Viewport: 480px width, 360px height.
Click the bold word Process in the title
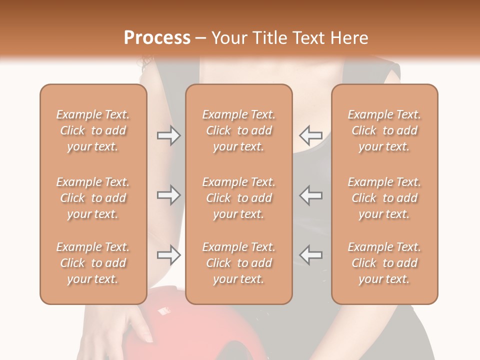pos(157,38)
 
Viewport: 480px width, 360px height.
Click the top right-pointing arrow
pos(168,135)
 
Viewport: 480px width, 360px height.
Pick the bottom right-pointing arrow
pos(168,255)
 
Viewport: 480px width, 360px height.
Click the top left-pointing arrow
pos(311,135)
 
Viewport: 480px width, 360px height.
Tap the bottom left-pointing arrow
pos(311,255)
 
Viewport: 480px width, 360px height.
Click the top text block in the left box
pos(93,130)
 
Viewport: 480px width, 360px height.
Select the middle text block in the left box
pos(93,198)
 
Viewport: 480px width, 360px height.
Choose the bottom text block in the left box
pos(93,263)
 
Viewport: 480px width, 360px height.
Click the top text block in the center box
pos(239,130)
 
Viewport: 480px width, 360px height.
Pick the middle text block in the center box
pos(239,198)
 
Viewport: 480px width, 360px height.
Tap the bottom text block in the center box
pos(239,263)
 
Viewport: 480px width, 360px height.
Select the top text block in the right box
pos(384,130)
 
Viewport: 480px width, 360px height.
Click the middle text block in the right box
pos(384,198)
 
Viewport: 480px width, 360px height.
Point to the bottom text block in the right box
pos(384,263)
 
